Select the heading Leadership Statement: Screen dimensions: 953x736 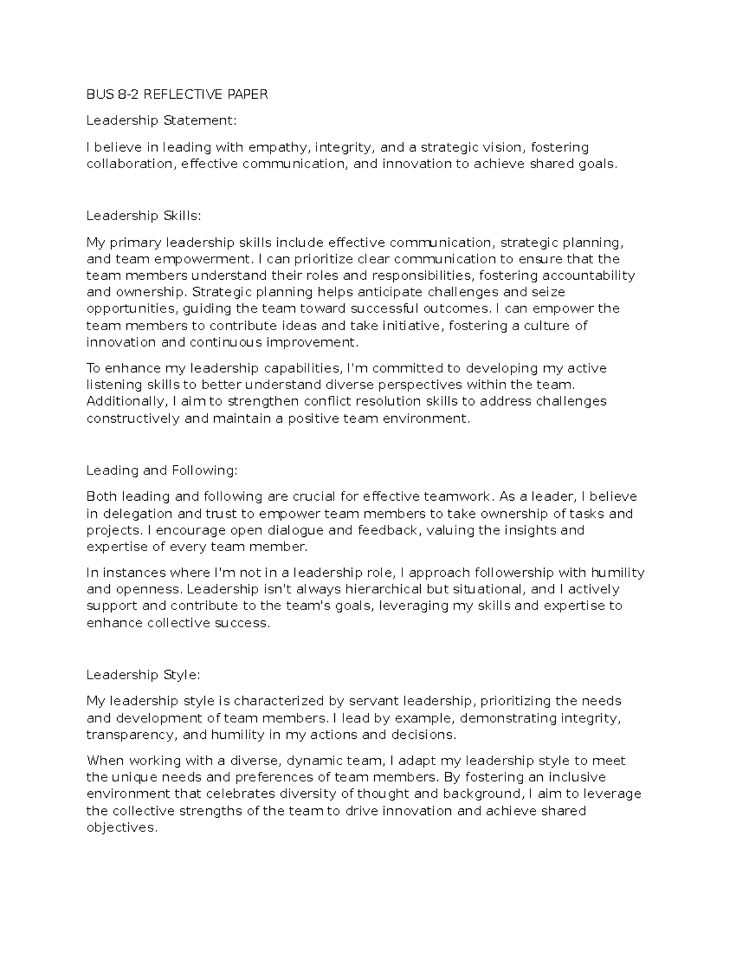[161, 120]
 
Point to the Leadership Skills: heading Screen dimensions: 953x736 [144, 215]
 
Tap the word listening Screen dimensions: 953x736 [114, 385]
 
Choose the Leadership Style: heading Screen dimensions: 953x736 [144, 674]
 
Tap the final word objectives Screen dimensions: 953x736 [121, 827]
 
